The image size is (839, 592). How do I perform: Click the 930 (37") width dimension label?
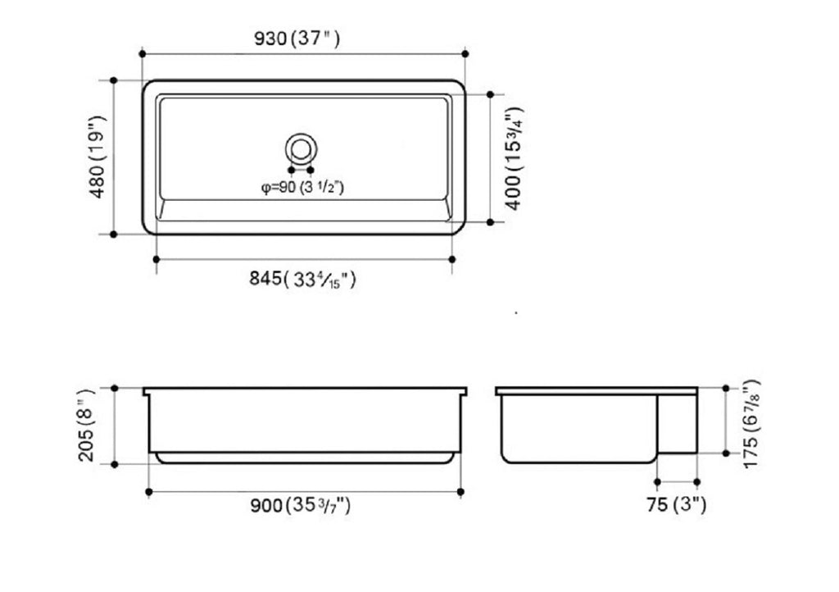pos(297,38)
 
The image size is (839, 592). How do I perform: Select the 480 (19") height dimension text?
pos(99,157)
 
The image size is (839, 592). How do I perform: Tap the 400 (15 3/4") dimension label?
pos(514,158)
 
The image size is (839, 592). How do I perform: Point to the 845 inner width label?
pos(302,280)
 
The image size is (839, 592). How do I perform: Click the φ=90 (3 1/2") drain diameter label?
pos(302,187)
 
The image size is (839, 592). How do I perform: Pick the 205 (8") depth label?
pos(85,426)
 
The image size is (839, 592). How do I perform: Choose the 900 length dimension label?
pos(301,505)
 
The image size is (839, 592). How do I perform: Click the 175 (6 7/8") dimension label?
pos(751,423)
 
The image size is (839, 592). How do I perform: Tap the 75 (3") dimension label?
pos(676,505)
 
